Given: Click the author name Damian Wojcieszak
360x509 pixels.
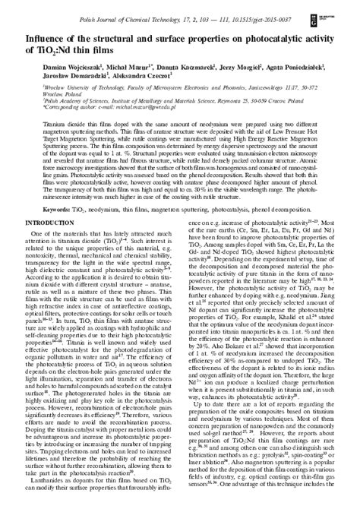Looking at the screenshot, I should click(52, 66).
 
